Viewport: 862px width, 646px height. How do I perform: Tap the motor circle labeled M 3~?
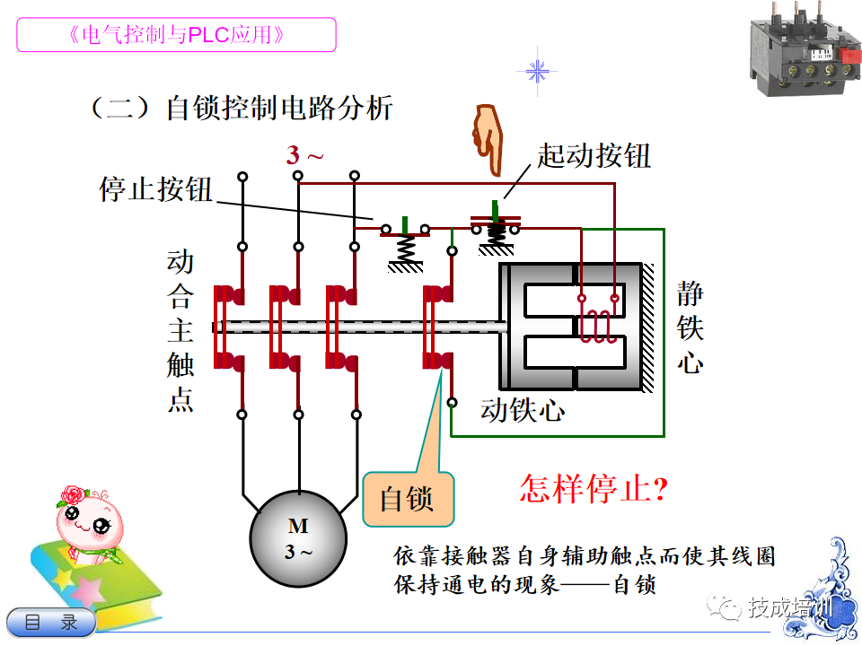[298, 538]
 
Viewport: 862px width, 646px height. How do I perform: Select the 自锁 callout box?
[408, 499]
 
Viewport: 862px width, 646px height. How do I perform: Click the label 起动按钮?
[594, 155]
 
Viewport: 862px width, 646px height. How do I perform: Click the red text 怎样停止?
[594, 487]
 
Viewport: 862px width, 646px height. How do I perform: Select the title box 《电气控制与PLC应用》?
[177, 35]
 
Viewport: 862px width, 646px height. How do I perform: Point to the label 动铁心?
[523, 410]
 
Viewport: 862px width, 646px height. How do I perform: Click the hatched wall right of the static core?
[648, 327]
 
